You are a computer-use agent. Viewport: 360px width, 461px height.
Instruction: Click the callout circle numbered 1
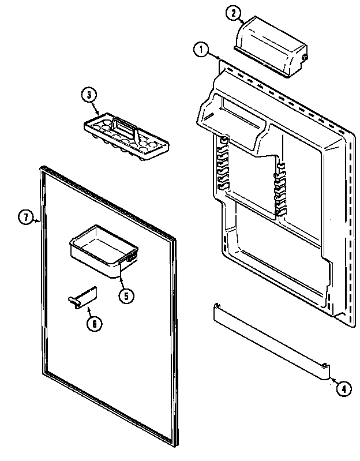[x=201, y=50]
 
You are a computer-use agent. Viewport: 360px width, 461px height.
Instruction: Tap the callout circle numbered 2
[x=232, y=12]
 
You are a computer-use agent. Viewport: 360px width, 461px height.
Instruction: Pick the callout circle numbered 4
[x=343, y=389]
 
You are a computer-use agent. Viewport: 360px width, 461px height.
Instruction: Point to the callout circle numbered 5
[x=126, y=296]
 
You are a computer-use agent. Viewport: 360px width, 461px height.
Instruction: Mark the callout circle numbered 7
[x=26, y=218]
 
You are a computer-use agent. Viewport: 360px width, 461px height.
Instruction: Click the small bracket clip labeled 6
[x=81, y=299]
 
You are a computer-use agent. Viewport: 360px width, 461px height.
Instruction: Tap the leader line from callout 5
[x=122, y=283]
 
